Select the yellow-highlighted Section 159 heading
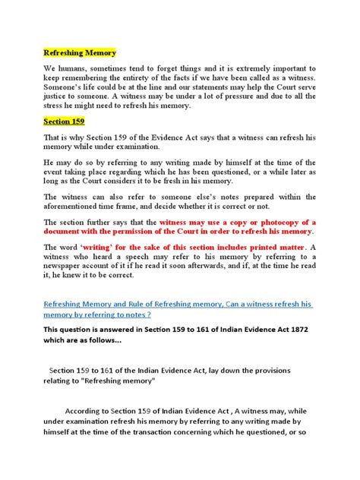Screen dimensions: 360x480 (64, 120)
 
